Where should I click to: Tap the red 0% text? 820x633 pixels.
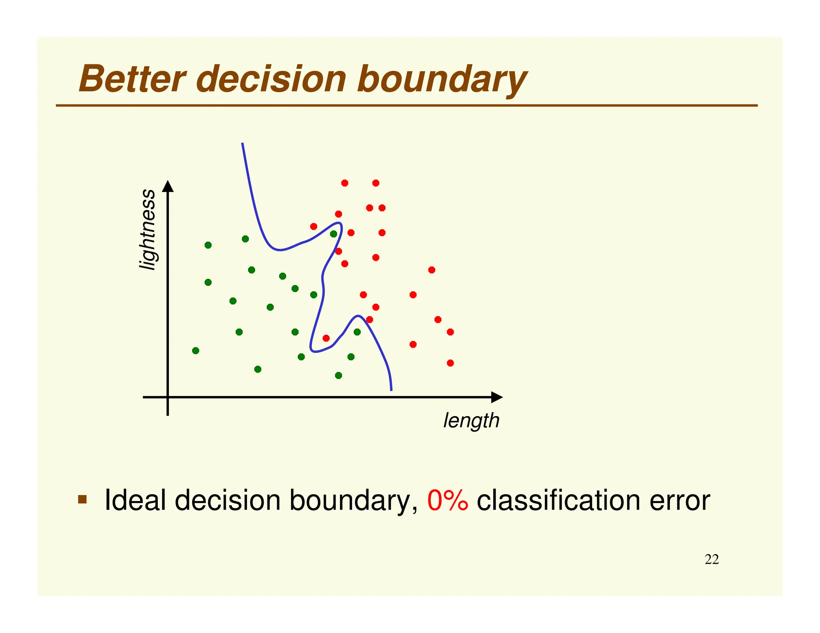click(447, 500)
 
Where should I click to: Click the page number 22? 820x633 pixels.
click(711, 559)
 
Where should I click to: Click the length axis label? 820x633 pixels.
click(471, 421)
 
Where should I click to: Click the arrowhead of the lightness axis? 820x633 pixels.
click(168, 186)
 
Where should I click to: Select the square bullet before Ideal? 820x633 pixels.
click(82, 499)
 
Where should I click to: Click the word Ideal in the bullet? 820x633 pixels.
click(135, 500)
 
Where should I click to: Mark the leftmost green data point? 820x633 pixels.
click(195, 351)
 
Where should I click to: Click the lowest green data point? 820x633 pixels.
click(338, 375)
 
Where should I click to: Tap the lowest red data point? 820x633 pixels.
click(450, 363)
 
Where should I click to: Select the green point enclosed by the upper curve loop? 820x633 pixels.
click(333, 234)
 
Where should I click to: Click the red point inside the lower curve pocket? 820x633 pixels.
click(326, 338)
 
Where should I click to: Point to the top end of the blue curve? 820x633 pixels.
click(242, 144)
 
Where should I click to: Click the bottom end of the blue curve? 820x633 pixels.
click(391, 390)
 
